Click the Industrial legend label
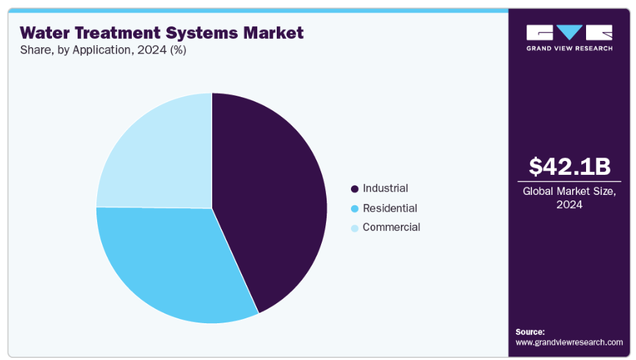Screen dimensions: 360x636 tap(385, 188)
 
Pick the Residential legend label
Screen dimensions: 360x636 tap(390, 208)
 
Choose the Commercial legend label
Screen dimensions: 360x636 tap(391, 228)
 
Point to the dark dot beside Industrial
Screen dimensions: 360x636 tap(354, 189)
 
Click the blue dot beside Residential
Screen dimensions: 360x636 tap(354, 209)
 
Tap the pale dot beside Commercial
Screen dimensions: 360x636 tap(354, 228)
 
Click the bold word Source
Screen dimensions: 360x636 tap(531, 332)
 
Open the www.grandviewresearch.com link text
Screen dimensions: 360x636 tap(569, 343)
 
